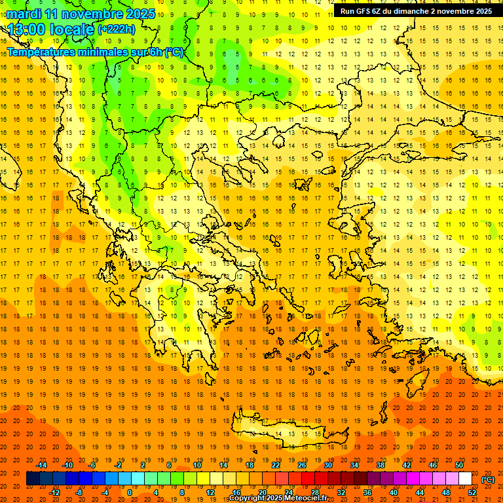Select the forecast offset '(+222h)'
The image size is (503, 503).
pos(117,29)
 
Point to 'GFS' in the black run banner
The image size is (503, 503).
pos(367,11)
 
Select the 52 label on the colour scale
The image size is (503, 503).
pos(472,493)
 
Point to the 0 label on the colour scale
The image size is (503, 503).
pos(129,493)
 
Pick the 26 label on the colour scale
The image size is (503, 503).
pos(302,465)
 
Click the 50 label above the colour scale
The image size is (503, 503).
pos(459,465)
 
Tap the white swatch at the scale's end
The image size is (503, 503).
pos(465,479)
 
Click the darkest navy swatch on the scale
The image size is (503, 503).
pos(33,479)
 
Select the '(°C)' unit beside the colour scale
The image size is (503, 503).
pos(488,479)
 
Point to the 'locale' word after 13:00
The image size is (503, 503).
pos(73,29)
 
